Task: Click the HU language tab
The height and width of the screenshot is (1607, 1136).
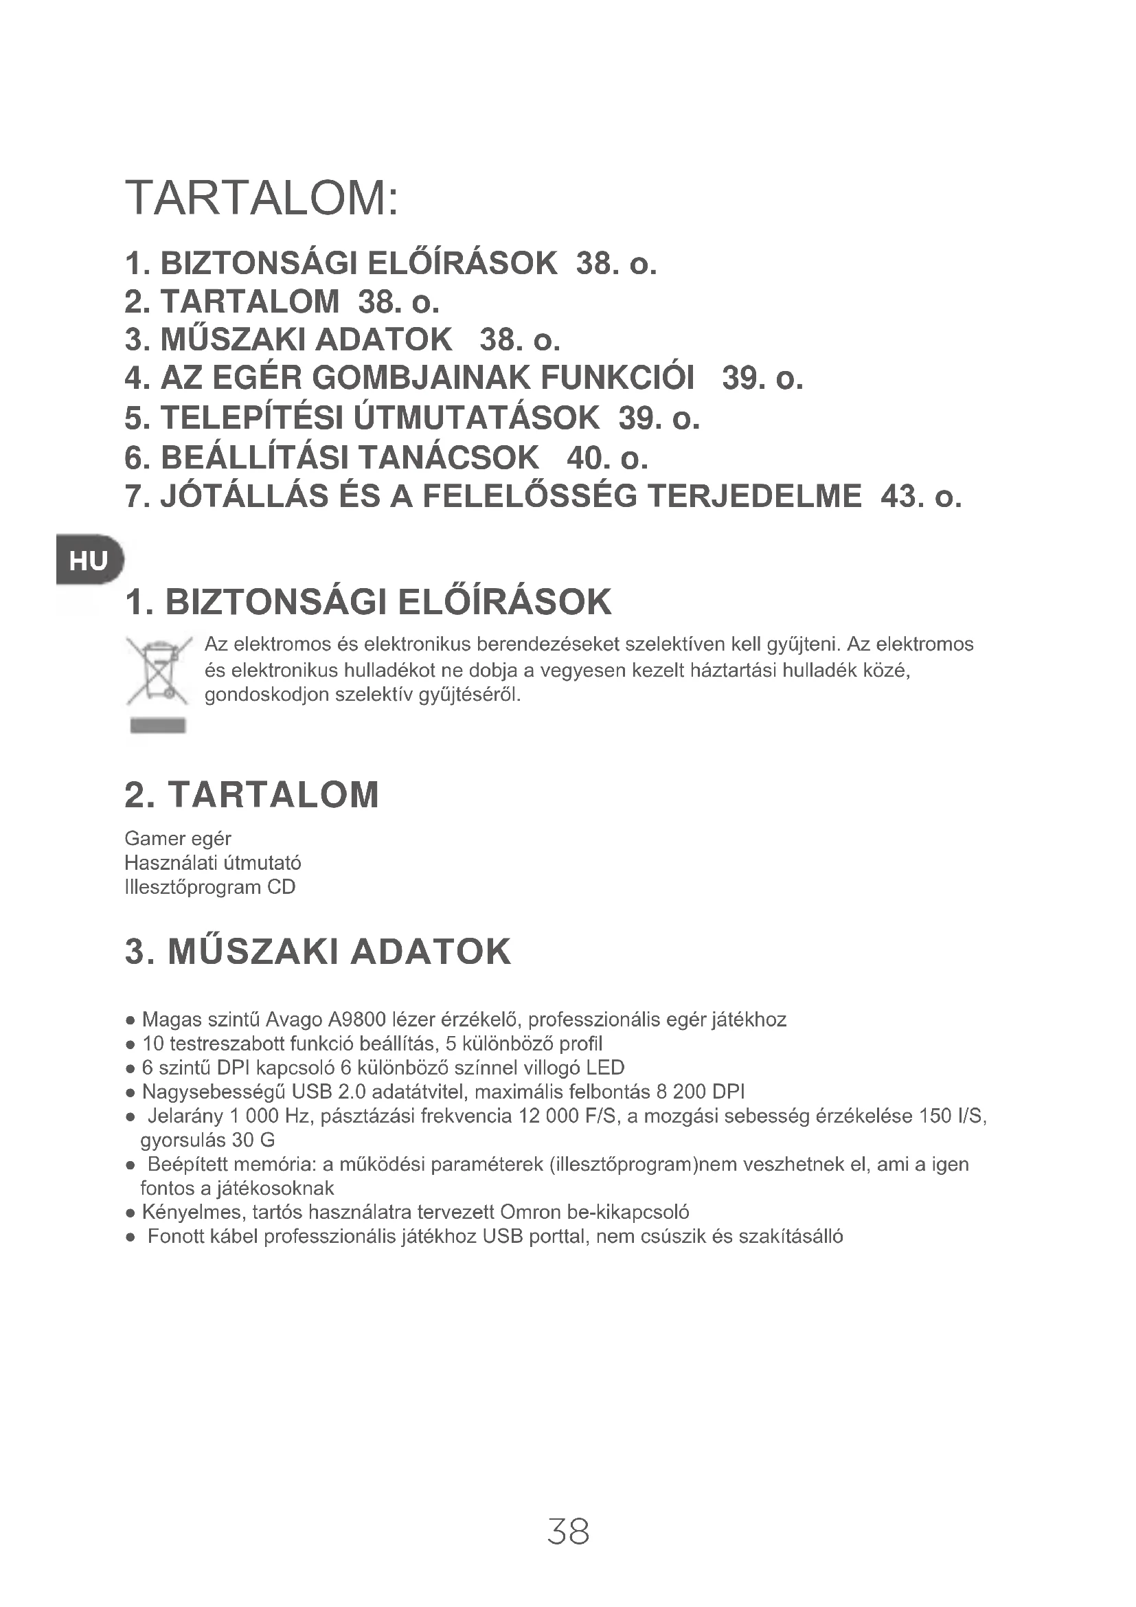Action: tap(89, 561)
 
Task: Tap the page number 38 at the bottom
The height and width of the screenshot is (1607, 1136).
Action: tap(568, 1531)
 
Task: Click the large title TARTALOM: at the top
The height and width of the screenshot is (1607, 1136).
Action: tap(262, 198)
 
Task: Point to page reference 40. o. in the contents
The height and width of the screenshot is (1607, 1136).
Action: tap(607, 458)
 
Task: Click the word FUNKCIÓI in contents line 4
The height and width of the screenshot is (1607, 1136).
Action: tap(618, 378)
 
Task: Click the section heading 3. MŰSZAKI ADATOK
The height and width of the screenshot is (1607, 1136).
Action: tap(317, 952)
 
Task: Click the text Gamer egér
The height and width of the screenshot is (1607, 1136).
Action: tap(178, 838)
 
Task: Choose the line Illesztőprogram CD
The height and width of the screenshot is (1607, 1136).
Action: tap(210, 888)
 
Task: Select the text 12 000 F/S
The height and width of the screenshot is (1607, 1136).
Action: tap(569, 1116)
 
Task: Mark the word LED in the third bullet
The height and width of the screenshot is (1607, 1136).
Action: tap(606, 1068)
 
